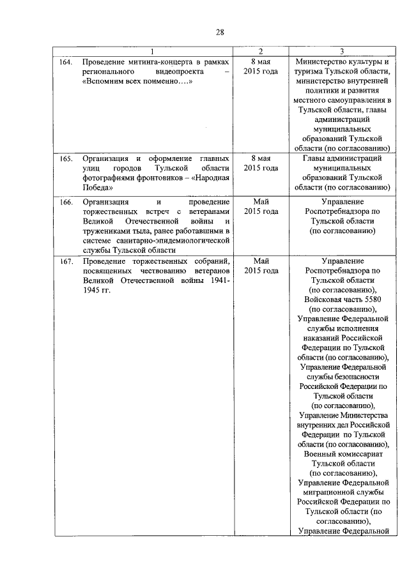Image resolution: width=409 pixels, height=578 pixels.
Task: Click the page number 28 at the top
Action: (220, 33)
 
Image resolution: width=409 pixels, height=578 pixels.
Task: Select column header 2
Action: (261, 51)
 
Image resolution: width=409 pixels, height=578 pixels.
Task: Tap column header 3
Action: (343, 51)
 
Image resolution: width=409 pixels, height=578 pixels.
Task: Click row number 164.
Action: (66, 62)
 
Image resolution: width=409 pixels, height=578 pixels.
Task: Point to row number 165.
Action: (66, 158)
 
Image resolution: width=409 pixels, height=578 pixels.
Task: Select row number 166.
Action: (66, 202)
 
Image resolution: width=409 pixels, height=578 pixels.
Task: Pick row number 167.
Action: (66, 261)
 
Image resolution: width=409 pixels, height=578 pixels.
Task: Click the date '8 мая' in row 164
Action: (261, 62)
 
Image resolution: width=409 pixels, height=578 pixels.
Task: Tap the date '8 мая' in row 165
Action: (261, 158)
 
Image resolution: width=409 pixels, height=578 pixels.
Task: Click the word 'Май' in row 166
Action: (261, 202)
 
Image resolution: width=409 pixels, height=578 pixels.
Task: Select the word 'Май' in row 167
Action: (261, 261)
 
